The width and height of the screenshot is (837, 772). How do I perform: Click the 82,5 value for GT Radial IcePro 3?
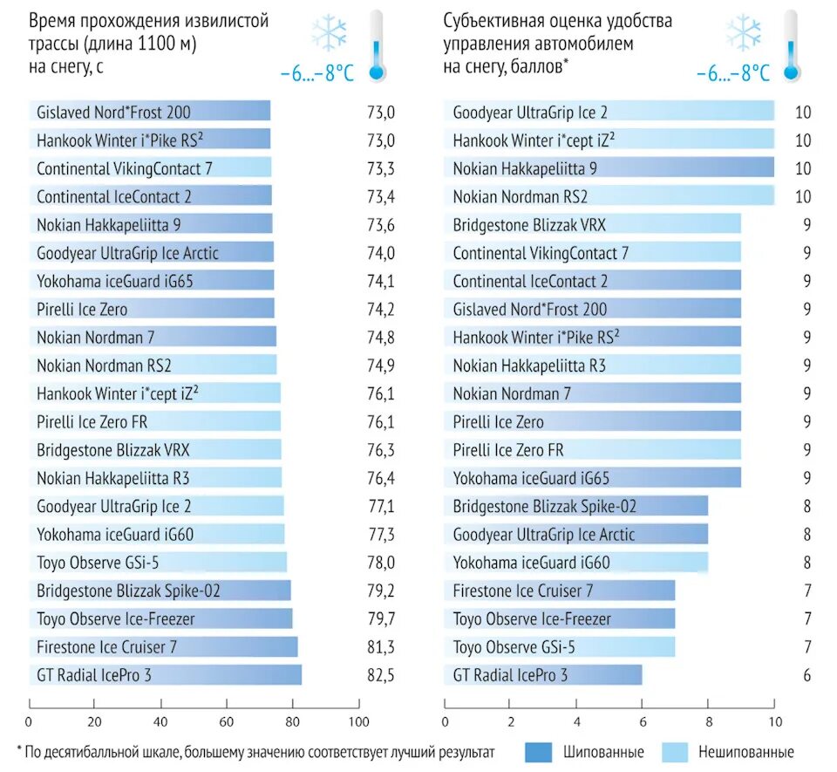click(x=381, y=675)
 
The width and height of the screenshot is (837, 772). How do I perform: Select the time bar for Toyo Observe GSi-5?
click(x=157, y=563)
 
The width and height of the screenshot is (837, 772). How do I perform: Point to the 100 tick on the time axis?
click(x=358, y=722)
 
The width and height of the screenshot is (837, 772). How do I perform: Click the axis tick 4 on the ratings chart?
click(x=576, y=722)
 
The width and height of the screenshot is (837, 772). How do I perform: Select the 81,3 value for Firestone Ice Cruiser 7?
click(x=381, y=647)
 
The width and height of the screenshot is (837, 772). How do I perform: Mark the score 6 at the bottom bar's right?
click(x=808, y=675)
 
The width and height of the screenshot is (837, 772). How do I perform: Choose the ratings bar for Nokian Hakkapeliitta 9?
click(x=609, y=168)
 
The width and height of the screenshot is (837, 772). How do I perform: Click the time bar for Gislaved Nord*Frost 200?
click(x=149, y=112)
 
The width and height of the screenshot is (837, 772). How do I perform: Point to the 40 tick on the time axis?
click(x=160, y=722)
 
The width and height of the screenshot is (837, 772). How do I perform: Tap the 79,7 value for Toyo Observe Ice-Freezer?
click(x=381, y=619)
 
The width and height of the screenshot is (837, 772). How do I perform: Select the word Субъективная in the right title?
click(x=489, y=21)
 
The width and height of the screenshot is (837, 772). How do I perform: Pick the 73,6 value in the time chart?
click(x=381, y=225)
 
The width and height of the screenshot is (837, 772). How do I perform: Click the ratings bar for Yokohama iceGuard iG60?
click(x=576, y=563)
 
